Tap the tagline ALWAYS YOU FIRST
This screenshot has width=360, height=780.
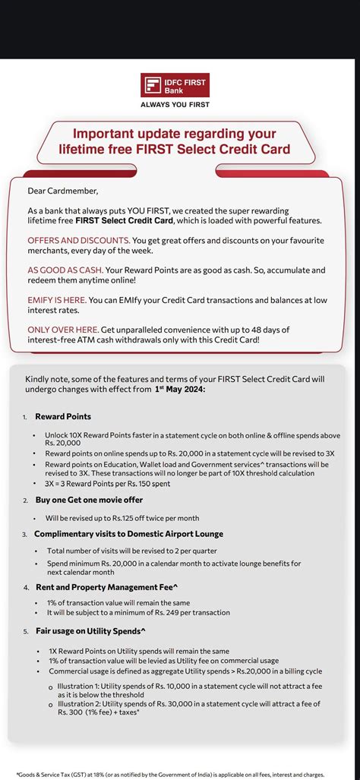point(175,105)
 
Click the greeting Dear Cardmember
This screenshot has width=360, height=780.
point(62,190)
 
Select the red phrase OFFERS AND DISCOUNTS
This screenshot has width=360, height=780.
point(77,240)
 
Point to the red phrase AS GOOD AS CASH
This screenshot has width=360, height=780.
point(64,270)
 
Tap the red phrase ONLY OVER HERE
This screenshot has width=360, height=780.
point(65,329)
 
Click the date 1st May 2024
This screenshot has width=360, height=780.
point(179,389)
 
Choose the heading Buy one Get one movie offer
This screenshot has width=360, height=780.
point(89,500)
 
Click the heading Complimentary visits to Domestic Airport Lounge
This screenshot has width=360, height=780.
point(128,534)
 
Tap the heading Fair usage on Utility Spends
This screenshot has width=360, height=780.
point(90,630)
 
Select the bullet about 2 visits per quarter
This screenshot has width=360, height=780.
point(131,551)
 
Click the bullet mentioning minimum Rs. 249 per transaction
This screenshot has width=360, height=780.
point(138,612)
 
